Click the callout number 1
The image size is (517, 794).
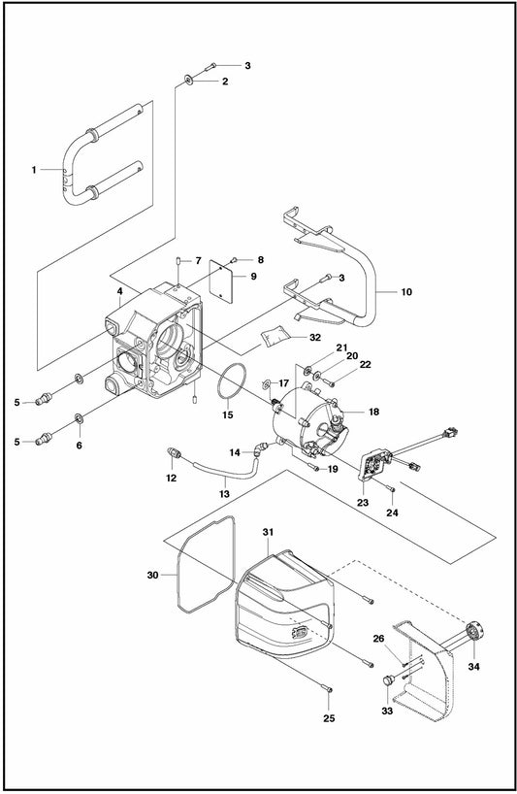point(34,170)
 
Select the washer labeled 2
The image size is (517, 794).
point(188,80)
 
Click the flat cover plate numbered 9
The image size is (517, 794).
point(221,281)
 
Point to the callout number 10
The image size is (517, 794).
point(406,291)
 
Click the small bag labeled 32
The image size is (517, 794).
point(275,337)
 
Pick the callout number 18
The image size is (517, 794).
point(373,412)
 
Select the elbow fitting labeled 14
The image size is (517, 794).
point(261,448)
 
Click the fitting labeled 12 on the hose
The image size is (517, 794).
point(173,453)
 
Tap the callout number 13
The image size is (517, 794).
point(225,494)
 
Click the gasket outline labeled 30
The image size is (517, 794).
point(207,565)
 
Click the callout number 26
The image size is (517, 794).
point(378,639)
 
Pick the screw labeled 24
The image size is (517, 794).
point(390,488)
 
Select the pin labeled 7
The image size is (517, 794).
point(179,261)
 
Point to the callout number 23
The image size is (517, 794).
point(363,503)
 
